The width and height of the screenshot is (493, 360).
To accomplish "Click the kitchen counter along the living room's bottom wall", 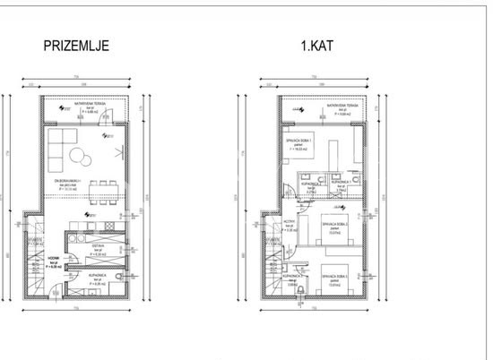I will pos(94,223).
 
